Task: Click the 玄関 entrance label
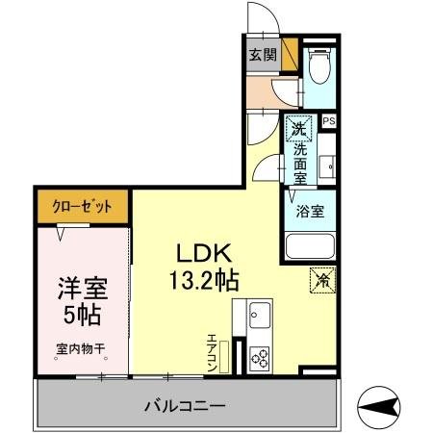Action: click(x=261, y=55)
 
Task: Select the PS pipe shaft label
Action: click(x=329, y=121)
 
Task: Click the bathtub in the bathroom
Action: click(x=309, y=247)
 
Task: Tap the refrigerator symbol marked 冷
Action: click(x=323, y=280)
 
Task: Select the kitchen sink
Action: click(x=259, y=314)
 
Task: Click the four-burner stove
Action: click(x=260, y=359)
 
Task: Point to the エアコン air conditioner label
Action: click(x=213, y=351)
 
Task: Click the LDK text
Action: click(x=200, y=252)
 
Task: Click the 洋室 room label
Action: click(x=80, y=287)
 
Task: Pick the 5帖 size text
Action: click(x=80, y=314)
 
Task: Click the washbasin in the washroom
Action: click(x=328, y=166)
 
